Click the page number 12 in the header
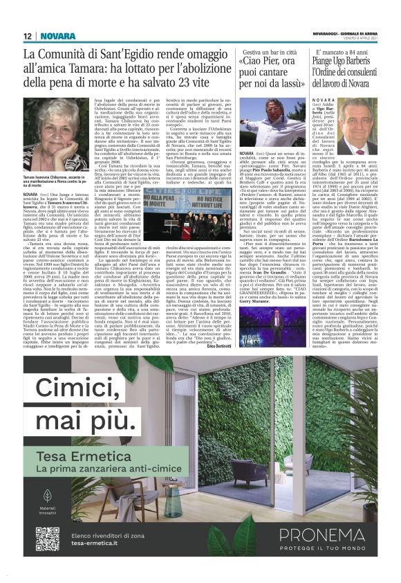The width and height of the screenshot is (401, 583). pos(27,36)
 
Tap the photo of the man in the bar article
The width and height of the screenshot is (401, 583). pos(258,114)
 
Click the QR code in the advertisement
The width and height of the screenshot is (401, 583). pos(46,539)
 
